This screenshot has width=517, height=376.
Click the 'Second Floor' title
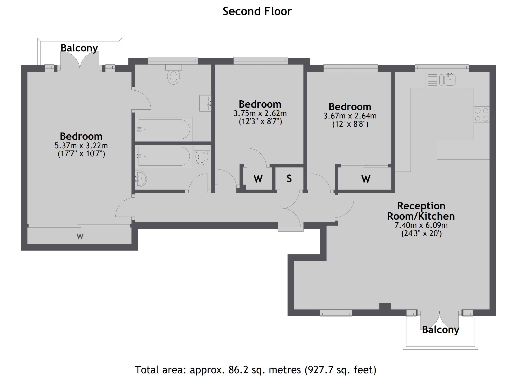tap(257, 11)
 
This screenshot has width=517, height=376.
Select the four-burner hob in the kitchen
tap(482, 115)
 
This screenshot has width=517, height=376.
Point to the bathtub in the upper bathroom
tap(163, 129)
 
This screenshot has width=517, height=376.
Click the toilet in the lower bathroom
tap(202, 156)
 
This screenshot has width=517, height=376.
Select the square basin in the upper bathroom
tap(205, 103)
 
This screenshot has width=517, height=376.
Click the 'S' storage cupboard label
tap(289, 179)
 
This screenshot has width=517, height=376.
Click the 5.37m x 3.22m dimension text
tap(81, 146)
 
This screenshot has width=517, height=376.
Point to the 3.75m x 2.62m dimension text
tap(260, 113)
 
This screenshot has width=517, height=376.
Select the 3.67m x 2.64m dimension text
tap(350, 116)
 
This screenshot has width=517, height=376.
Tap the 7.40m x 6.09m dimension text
tap(421, 225)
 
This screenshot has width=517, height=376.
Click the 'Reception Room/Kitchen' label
tap(421, 211)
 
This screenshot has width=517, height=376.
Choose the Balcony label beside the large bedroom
tap(79, 48)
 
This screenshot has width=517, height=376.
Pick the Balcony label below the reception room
tap(440, 330)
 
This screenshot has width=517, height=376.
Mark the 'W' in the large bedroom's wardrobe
tap(80, 237)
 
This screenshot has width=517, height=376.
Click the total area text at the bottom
tap(255, 370)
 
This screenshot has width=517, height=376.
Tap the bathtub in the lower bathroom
tap(163, 156)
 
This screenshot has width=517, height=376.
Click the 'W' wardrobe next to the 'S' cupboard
tap(258, 179)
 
